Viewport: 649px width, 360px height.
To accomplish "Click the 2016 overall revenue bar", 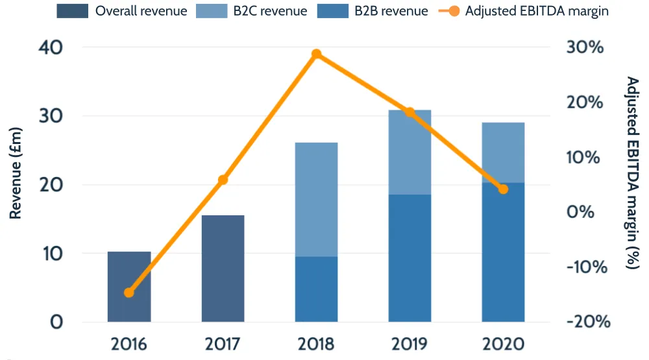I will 129,287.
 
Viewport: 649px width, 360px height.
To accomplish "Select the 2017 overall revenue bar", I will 223,269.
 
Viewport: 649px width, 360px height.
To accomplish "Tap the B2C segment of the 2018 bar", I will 316,200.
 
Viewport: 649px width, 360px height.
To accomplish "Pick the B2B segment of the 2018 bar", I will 316,289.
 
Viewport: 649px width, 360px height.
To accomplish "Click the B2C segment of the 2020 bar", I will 503,152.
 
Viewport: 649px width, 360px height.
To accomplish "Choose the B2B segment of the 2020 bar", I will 503,252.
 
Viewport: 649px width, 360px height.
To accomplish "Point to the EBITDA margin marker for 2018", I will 316,54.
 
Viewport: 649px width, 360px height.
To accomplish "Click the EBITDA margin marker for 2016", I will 129,293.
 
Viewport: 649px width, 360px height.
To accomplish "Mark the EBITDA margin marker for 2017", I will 223,180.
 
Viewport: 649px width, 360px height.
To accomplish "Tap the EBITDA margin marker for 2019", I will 410,112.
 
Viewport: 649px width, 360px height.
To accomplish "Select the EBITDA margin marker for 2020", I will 503,189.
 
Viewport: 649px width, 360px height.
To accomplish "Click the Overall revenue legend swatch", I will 73,11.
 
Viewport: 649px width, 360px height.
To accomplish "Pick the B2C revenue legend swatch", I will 211,11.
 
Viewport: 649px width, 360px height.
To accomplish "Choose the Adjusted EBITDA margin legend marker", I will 453,11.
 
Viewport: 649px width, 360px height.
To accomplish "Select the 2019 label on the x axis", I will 410,344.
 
